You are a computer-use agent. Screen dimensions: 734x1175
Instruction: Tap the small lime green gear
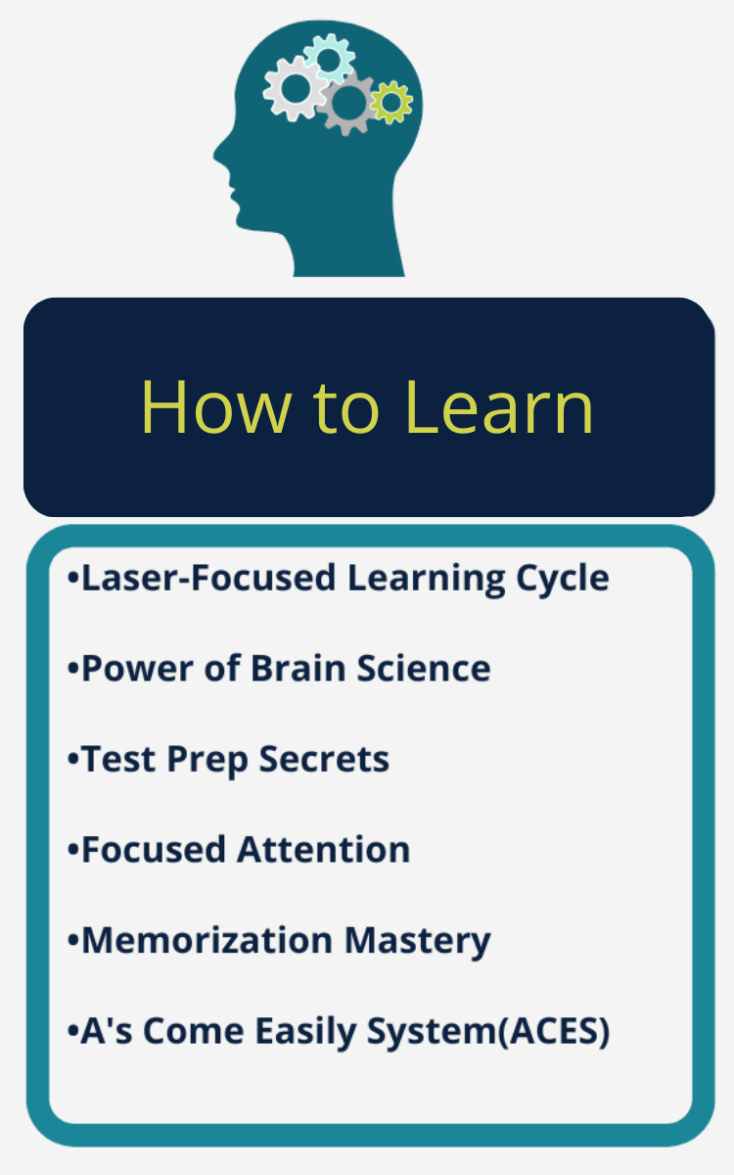point(391,102)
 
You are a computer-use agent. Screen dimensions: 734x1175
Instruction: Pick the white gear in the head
point(296,88)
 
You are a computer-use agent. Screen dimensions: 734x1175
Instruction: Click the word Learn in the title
point(498,407)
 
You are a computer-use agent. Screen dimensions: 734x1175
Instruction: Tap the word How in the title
point(215,407)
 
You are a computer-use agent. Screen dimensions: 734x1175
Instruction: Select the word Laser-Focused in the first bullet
point(208,578)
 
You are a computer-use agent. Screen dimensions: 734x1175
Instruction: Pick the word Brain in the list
point(298,668)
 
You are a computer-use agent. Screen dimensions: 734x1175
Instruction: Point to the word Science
point(424,668)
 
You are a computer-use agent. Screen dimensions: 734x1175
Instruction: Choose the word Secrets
point(324,759)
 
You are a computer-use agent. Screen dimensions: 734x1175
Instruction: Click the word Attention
point(324,849)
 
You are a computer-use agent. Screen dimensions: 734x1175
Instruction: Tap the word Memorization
point(207,940)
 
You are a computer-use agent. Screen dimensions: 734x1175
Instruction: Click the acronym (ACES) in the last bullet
point(554,1031)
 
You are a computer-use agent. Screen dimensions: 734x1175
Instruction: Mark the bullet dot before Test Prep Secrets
point(72,760)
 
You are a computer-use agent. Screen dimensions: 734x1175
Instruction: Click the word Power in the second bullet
point(137,668)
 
